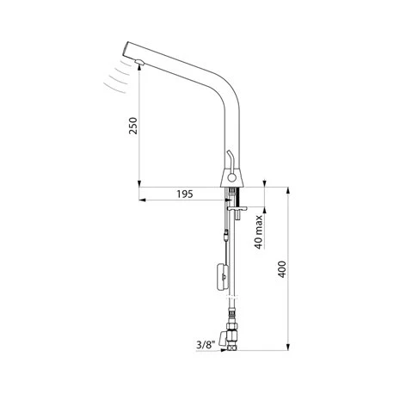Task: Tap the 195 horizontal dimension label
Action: click(182, 194)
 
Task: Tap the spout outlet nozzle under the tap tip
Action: click(139, 59)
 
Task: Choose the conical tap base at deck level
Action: click(231, 177)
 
